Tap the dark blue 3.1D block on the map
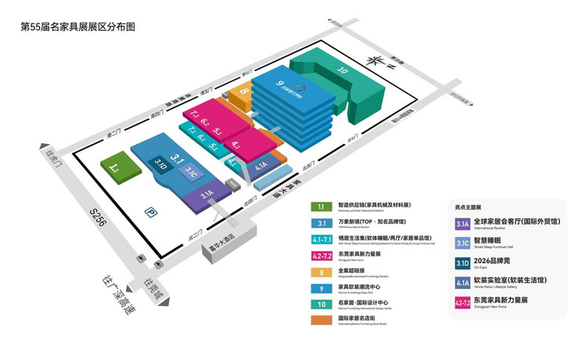click(160, 164)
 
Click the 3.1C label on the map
click(192, 173)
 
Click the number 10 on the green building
click(341, 70)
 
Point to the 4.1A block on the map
click(261, 164)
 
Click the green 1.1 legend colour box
click(322, 207)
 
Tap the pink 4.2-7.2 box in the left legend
click(322, 254)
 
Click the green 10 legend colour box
click(322, 303)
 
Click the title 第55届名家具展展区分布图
click(77, 27)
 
